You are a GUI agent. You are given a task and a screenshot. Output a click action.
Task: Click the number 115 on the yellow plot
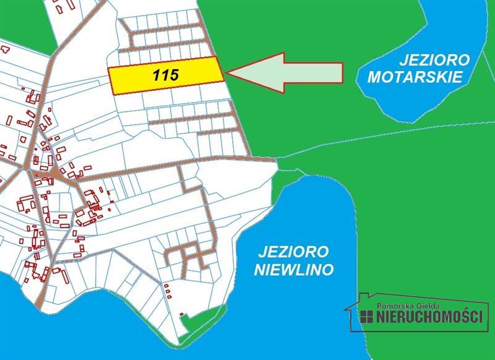165,75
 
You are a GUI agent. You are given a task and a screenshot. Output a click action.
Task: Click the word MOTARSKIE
415,78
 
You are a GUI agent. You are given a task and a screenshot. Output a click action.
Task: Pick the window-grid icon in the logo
365,317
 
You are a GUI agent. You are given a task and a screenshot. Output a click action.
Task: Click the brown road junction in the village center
56,172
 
